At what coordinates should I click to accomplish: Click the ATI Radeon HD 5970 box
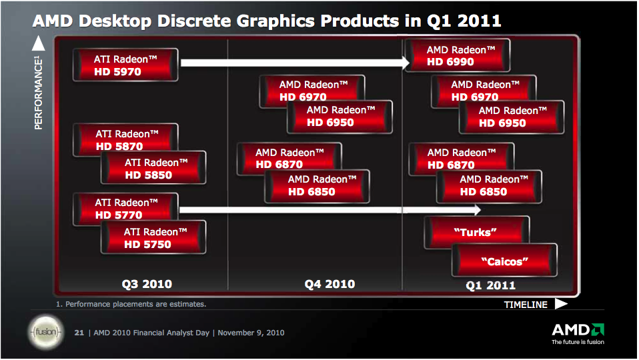[x=126, y=65]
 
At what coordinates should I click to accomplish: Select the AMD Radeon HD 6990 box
[x=460, y=55]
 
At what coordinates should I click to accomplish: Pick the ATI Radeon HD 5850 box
[x=154, y=169]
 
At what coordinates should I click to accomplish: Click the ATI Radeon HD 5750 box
[x=153, y=238]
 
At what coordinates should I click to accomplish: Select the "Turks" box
[x=476, y=232]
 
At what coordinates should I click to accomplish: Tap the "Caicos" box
[x=504, y=261]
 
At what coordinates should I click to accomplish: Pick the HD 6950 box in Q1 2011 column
[x=512, y=117]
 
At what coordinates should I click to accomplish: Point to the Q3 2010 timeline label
[x=147, y=284]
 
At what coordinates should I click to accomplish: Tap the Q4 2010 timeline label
[x=330, y=284]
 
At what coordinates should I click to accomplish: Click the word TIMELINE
[x=526, y=305]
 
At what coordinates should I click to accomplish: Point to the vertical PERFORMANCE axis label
[x=39, y=93]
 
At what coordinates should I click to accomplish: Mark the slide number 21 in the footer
[x=79, y=333]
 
